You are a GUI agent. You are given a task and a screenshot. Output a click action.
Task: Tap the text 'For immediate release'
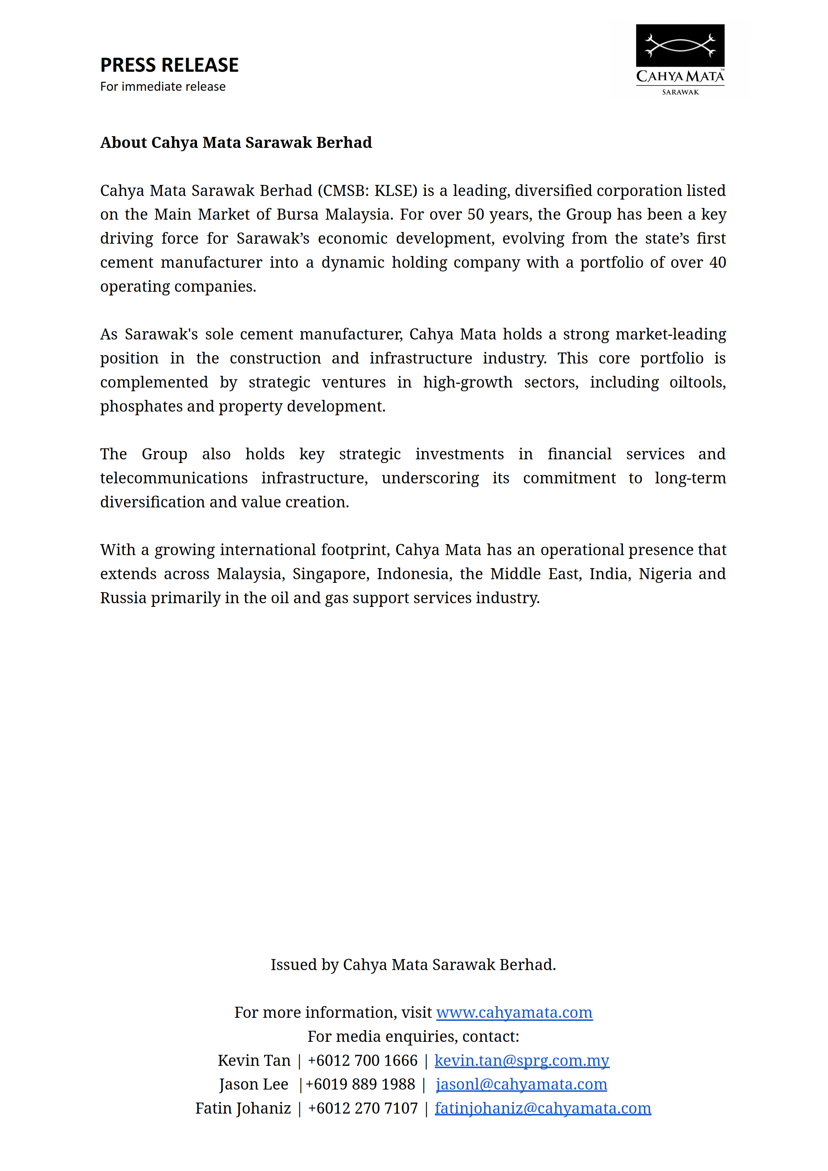pos(163,87)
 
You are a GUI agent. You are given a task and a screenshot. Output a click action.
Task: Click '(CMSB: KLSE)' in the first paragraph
pos(367,190)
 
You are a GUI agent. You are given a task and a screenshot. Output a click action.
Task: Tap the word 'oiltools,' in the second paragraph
pos(697,382)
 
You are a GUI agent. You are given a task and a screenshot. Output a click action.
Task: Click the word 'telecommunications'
pos(173,478)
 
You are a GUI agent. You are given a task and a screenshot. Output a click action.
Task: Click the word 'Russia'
pos(123,598)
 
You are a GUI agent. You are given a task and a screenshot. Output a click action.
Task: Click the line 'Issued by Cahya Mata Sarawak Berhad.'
pos(413,965)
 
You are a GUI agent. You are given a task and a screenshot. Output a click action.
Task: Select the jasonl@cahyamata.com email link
pos(521,1084)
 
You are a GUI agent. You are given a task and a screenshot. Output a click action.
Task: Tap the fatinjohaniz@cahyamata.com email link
pos(543,1108)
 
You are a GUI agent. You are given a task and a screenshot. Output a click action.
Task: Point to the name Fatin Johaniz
pos(243,1108)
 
